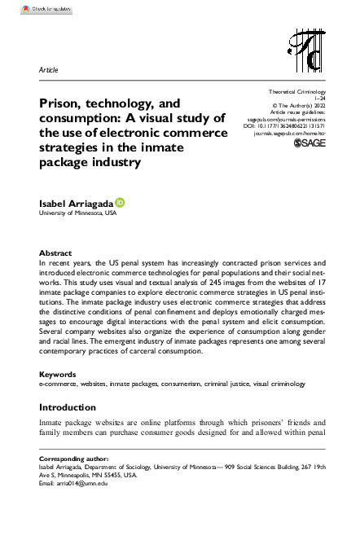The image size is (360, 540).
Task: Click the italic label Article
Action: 49,71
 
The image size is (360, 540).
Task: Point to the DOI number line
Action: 285,125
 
